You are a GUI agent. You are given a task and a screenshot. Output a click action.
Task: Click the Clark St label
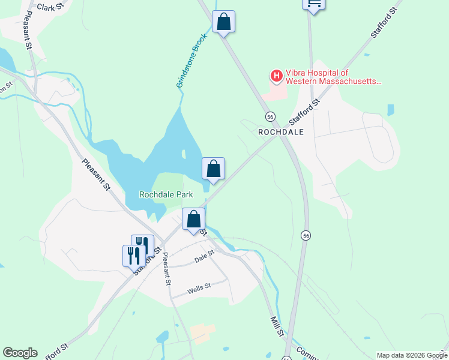[50, 7]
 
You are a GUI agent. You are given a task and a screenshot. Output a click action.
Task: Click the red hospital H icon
[276, 76]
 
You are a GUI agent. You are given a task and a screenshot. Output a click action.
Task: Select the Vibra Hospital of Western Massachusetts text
[333, 76]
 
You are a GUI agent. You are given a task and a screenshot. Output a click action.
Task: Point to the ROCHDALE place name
[281, 131]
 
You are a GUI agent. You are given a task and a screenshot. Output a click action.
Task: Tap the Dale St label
[204, 258]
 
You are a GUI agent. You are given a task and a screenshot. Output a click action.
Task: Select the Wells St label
[199, 288]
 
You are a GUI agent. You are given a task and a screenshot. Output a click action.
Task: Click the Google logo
[20, 353]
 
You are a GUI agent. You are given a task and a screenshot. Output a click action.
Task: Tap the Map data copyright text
[412, 355]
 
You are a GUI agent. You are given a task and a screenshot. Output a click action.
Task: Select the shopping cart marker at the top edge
[313, 4]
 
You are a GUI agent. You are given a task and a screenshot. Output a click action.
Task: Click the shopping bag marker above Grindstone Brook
[223, 23]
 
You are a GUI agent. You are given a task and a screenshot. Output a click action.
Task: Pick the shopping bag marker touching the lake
[213, 169]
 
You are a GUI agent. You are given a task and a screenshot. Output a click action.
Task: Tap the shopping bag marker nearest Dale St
[193, 220]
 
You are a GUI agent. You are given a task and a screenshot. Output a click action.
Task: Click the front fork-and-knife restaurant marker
[133, 256]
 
